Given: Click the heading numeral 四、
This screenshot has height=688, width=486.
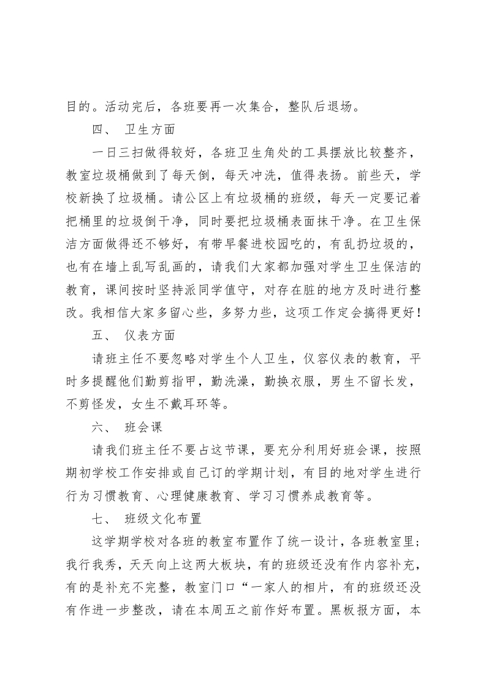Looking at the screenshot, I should [97, 130].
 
